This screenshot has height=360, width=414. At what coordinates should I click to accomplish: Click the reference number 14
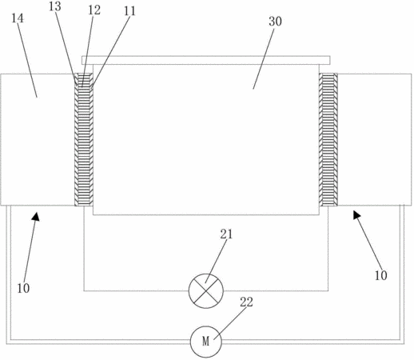pos(18,18)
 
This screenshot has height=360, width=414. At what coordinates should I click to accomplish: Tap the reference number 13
pos(55,6)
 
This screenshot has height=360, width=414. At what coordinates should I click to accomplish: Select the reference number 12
pos(94,10)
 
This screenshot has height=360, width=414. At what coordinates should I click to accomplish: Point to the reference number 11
pos(129,11)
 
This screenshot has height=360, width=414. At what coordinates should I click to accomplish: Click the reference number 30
pos(275,22)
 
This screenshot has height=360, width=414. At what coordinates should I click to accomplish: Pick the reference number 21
pos(226,234)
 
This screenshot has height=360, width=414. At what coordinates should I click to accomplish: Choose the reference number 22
pos(246,302)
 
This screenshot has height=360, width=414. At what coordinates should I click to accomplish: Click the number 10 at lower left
pos(23,288)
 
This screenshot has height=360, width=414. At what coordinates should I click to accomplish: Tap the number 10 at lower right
pos(381,275)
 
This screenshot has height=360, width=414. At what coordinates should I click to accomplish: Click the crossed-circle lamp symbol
pos(206,291)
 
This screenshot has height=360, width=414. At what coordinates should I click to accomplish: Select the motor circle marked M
pos(206,342)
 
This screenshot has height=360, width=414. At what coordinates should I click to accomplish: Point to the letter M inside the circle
pos(205,342)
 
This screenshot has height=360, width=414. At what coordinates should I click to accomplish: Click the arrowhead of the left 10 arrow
pos(36,216)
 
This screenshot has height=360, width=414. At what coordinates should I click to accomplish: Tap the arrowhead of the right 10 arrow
pos(357,214)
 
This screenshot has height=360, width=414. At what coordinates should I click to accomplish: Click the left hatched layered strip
pos(84,139)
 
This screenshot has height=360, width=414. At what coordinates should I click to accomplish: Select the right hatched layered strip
pos(328,139)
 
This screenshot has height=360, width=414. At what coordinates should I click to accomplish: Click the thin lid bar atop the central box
pos(206,60)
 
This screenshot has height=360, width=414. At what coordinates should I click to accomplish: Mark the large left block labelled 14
pos(38,139)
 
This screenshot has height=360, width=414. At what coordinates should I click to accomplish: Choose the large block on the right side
pos(375,139)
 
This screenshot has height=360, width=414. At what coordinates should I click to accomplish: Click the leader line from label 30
pos(264,58)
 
